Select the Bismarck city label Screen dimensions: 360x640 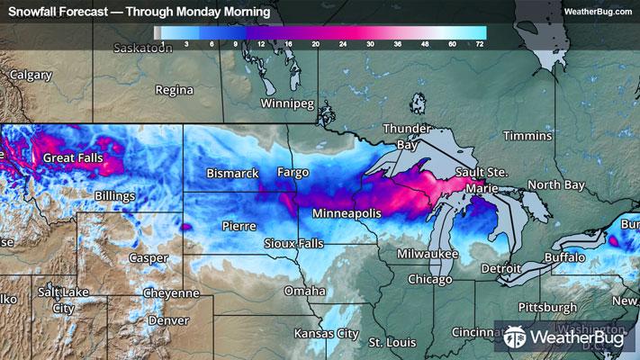click(x=232, y=172)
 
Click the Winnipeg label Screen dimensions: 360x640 click(x=286, y=103)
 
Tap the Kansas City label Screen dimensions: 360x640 click(x=325, y=333)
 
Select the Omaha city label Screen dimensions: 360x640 click(x=304, y=291)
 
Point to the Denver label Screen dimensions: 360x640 click(x=169, y=319)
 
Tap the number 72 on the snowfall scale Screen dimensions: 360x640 click(x=480, y=42)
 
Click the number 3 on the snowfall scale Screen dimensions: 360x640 click(x=185, y=42)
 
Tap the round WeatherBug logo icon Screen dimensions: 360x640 click(x=514, y=337)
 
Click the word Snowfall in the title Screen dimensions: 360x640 click(x=34, y=12)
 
